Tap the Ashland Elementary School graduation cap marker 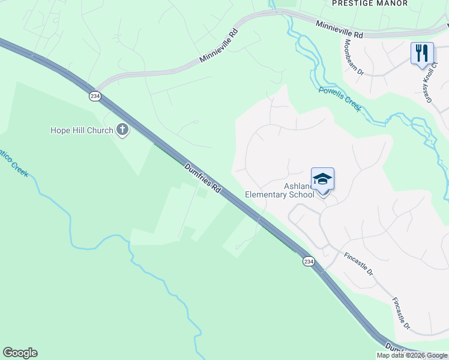coord(322,179)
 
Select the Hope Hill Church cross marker coord(122,129)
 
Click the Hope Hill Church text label coord(81,130)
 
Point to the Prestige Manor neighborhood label coord(369,4)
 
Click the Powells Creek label coord(340,98)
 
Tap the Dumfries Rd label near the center coord(203,178)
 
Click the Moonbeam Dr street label coord(353,57)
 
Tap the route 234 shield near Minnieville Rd coord(95,96)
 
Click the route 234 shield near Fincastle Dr coord(308,262)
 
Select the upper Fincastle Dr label coord(358,263)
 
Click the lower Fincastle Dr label coord(400,313)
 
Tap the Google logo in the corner coord(20,353)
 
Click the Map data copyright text coord(411,355)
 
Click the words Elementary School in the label coord(279,194)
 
